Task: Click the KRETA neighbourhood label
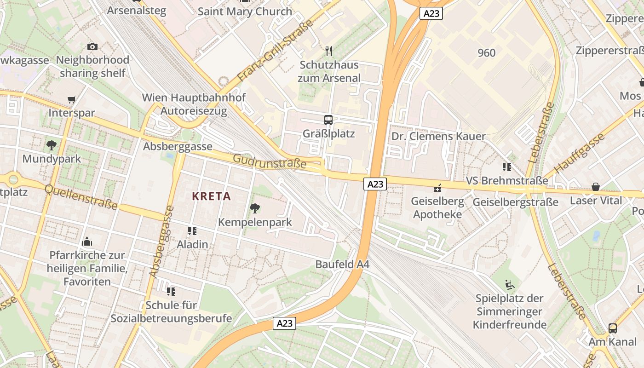coord(211,196)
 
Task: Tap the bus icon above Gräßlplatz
coord(328,120)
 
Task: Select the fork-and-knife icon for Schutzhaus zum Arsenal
coord(328,51)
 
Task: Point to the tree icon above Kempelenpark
coord(254,208)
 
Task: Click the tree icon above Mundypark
coord(52,145)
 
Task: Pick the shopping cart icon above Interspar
coord(71,99)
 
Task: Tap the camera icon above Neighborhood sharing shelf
coord(92,46)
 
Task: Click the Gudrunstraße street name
coord(270,161)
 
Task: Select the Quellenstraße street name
coord(81,197)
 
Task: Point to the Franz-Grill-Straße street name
coord(276,51)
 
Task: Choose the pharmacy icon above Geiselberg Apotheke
coord(437,188)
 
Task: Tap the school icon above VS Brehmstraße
coord(507,167)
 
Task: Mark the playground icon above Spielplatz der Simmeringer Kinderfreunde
coord(510,285)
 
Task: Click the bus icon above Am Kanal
coord(613,328)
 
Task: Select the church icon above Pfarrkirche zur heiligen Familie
coord(87,241)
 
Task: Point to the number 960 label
coord(487,53)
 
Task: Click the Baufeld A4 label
coord(342,264)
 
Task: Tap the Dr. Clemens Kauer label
coord(438,136)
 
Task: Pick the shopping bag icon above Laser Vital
coord(596,187)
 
